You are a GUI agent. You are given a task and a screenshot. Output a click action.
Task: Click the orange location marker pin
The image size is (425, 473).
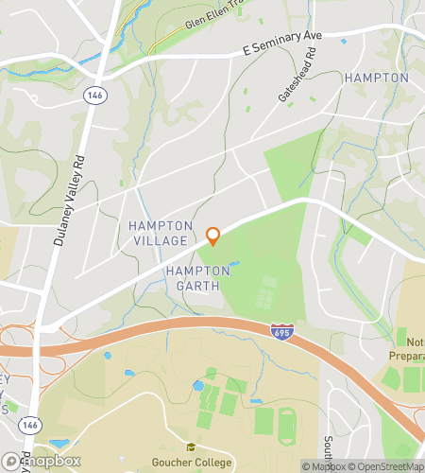coord(213,236)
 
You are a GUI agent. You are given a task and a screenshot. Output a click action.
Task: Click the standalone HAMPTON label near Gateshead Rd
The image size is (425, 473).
coord(376,78)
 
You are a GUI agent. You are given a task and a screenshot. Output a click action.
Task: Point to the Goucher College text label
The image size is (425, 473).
coord(193,463)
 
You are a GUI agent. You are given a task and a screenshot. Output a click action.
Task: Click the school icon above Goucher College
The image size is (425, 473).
coord(191,447)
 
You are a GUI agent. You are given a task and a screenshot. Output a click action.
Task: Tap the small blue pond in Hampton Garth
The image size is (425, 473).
coord(233,264)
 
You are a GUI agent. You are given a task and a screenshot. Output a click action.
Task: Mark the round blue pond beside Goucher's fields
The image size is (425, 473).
coord(198,387)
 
